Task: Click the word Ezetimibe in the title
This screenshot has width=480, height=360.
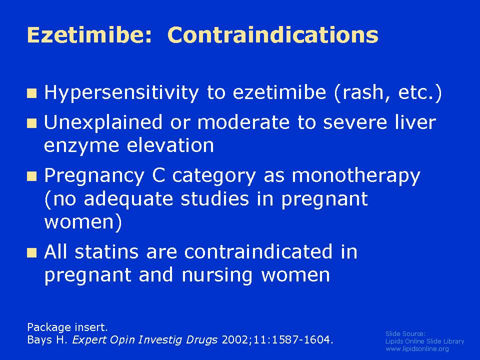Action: click(x=89, y=34)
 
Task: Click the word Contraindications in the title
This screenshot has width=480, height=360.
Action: click(x=273, y=34)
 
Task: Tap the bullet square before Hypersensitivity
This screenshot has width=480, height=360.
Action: click(x=32, y=93)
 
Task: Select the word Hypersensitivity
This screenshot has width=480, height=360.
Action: click(x=121, y=93)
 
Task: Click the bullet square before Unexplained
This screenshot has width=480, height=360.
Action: click(x=32, y=123)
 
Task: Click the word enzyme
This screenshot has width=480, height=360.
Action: click(x=81, y=146)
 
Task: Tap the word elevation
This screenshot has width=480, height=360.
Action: click(x=170, y=145)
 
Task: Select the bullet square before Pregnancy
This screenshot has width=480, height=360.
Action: click(x=32, y=176)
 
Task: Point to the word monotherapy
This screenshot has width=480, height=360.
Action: click(x=356, y=176)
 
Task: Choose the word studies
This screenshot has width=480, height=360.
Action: click(x=214, y=198)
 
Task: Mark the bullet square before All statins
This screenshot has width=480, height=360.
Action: click(x=32, y=253)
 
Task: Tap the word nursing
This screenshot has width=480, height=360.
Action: click(x=216, y=275)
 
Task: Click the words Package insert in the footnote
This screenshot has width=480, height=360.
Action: click(x=67, y=327)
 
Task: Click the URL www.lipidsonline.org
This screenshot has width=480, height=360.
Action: click(x=417, y=348)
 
